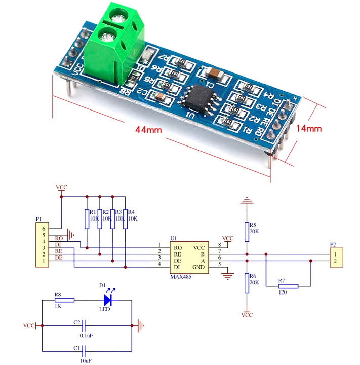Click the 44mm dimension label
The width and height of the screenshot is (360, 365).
pyautogui.click(x=148, y=130)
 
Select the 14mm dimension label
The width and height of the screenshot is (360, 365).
pyautogui.click(x=308, y=128)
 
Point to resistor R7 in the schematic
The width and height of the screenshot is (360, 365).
pyautogui.click(x=288, y=286)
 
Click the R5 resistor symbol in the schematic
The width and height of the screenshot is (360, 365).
pyautogui.click(x=247, y=231)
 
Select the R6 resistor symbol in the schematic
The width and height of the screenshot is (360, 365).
pyautogui.click(x=247, y=283)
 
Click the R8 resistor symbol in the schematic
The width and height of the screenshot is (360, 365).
pyautogui.click(x=64, y=300)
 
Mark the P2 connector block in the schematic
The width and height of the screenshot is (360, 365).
pyautogui.click(x=335, y=258)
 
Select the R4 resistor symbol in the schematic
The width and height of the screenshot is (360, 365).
pyautogui.click(x=125, y=218)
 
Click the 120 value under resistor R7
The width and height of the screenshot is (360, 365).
pyautogui.click(x=283, y=293)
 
